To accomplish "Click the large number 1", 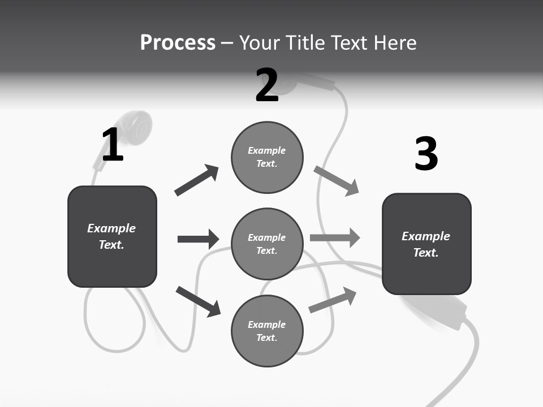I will pyautogui.click(x=113, y=145).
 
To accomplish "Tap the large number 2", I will pyautogui.click(x=266, y=85).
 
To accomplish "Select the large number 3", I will pyautogui.click(x=426, y=154).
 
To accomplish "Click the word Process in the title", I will pyautogui.click(x=178, y=42).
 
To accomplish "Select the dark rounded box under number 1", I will pyautogui.click(x=112, y=236).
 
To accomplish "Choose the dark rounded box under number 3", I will pyautogui.click(x=426, y=244).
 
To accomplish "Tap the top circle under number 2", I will pyautogui.click(x=267, y=157).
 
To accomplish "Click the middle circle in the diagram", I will pyautogui.click(x=267, y=244).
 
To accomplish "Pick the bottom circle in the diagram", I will pyautogui.click(x=267, y=331).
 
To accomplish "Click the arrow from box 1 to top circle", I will pyautogui.click(x=197, y=180).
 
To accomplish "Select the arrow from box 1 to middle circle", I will pyautogui.click(x=198, y=239).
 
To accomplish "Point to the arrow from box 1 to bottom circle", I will pyautogui.click(x=199, y=301).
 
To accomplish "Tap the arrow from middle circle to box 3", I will pyautogui.click(x=335, y=238).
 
